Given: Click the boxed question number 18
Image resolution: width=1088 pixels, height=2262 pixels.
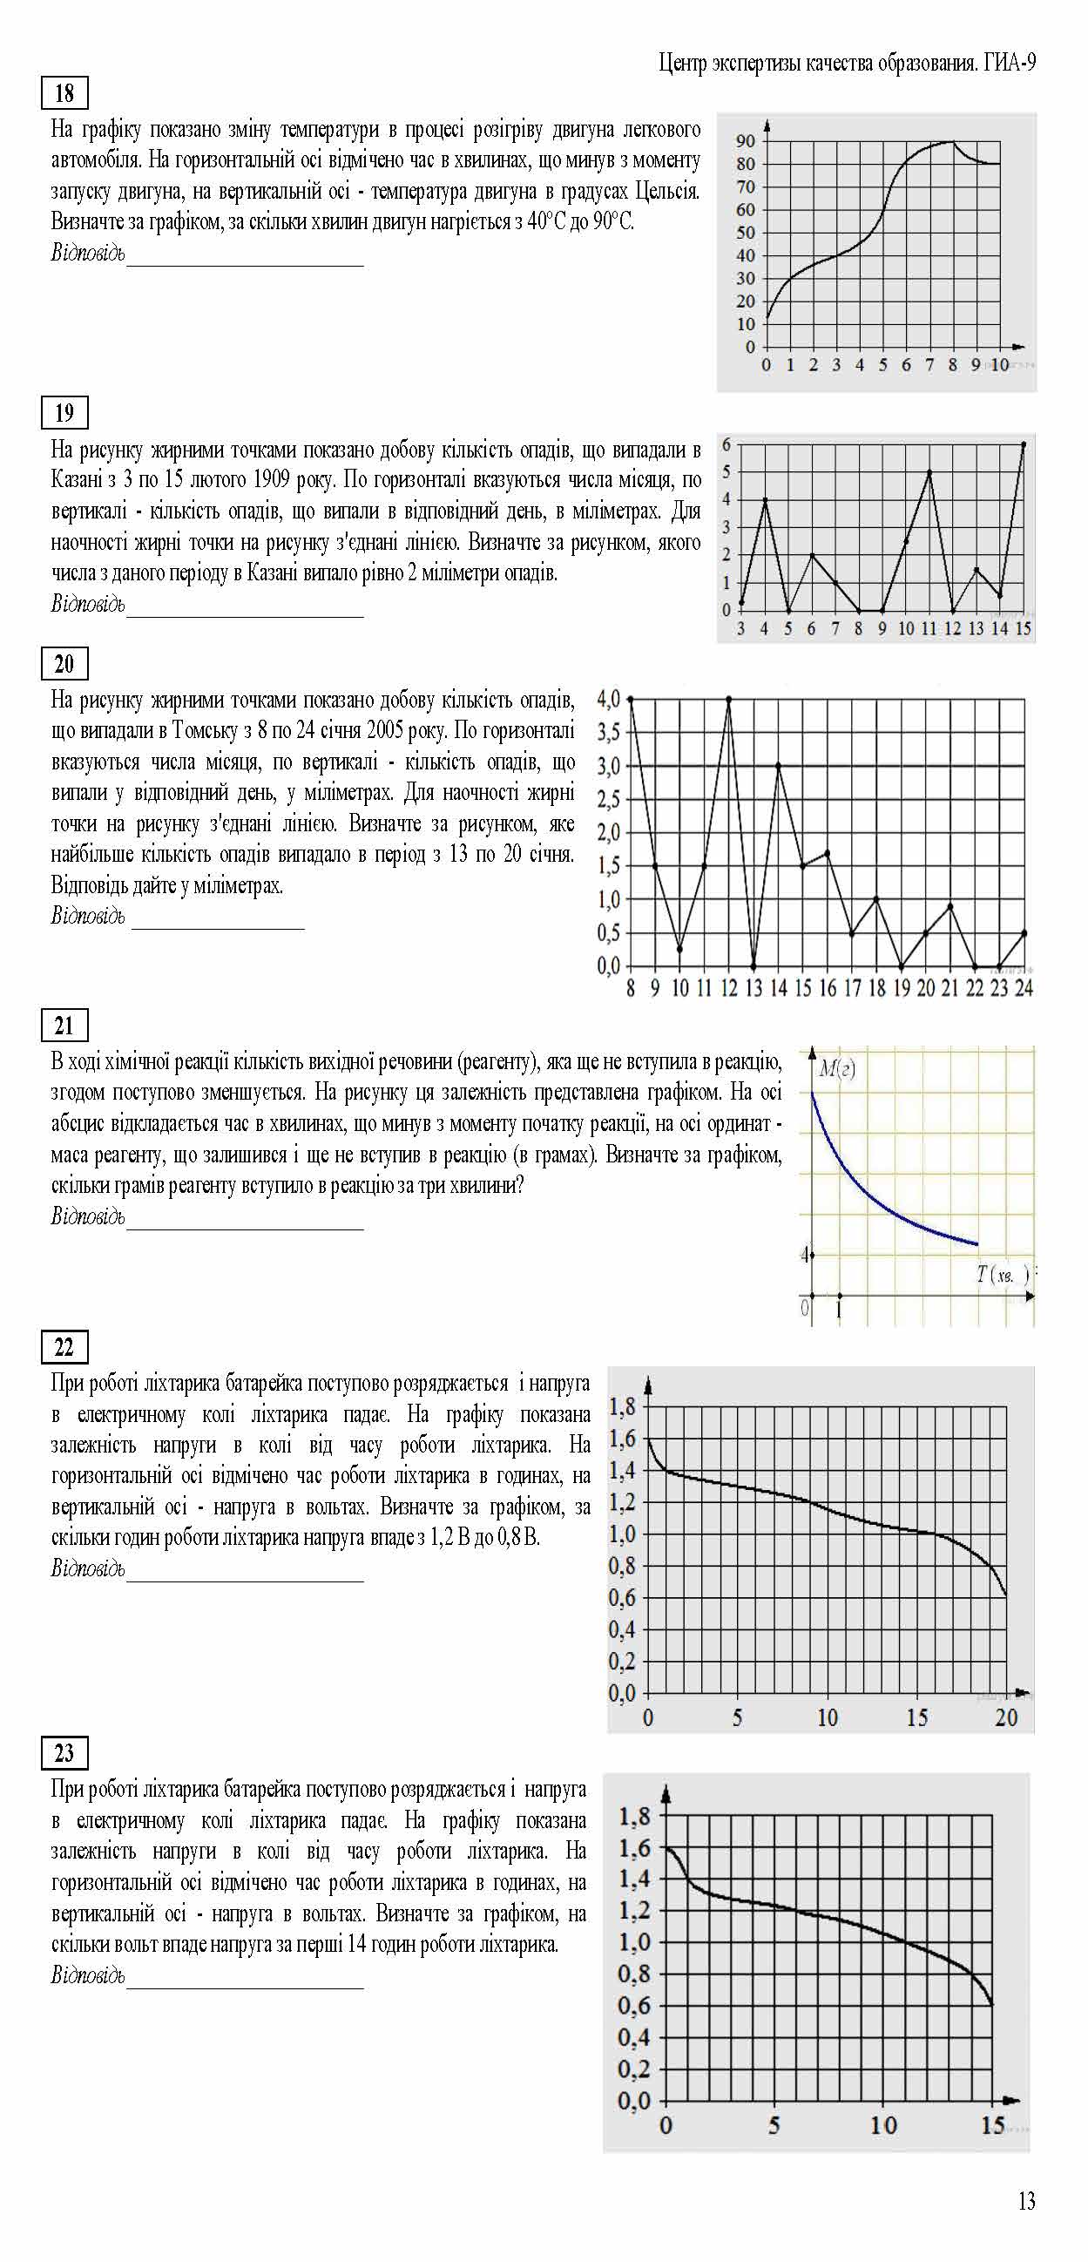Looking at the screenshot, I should point(64,93).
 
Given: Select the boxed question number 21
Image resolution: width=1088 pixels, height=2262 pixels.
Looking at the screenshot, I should point(64,1026).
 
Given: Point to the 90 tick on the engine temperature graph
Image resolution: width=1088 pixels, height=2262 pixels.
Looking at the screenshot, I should point(746,141).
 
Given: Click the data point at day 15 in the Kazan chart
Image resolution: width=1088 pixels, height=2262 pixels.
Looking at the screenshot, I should point(1023,444).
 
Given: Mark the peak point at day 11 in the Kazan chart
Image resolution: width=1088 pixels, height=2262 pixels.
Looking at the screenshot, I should point(929,472).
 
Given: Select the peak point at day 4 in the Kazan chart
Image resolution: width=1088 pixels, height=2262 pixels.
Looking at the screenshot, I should point(765,499).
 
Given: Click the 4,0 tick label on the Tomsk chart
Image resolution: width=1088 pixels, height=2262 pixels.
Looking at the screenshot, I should point(609,700).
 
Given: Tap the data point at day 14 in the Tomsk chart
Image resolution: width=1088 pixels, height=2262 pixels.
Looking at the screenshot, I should point(778,766).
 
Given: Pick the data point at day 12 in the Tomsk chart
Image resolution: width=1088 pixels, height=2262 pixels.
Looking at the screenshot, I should point(729,700).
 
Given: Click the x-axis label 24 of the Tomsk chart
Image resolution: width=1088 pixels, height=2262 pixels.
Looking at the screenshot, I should point(1024,988).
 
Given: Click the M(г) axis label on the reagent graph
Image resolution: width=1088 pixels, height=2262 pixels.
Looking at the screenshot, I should point(836,1068).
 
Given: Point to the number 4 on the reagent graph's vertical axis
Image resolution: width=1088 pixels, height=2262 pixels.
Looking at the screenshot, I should point(804,1255).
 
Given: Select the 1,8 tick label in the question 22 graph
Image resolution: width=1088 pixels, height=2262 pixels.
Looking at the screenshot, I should point(622,1406).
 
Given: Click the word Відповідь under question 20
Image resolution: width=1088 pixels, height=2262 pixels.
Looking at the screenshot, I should point(88,916).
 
